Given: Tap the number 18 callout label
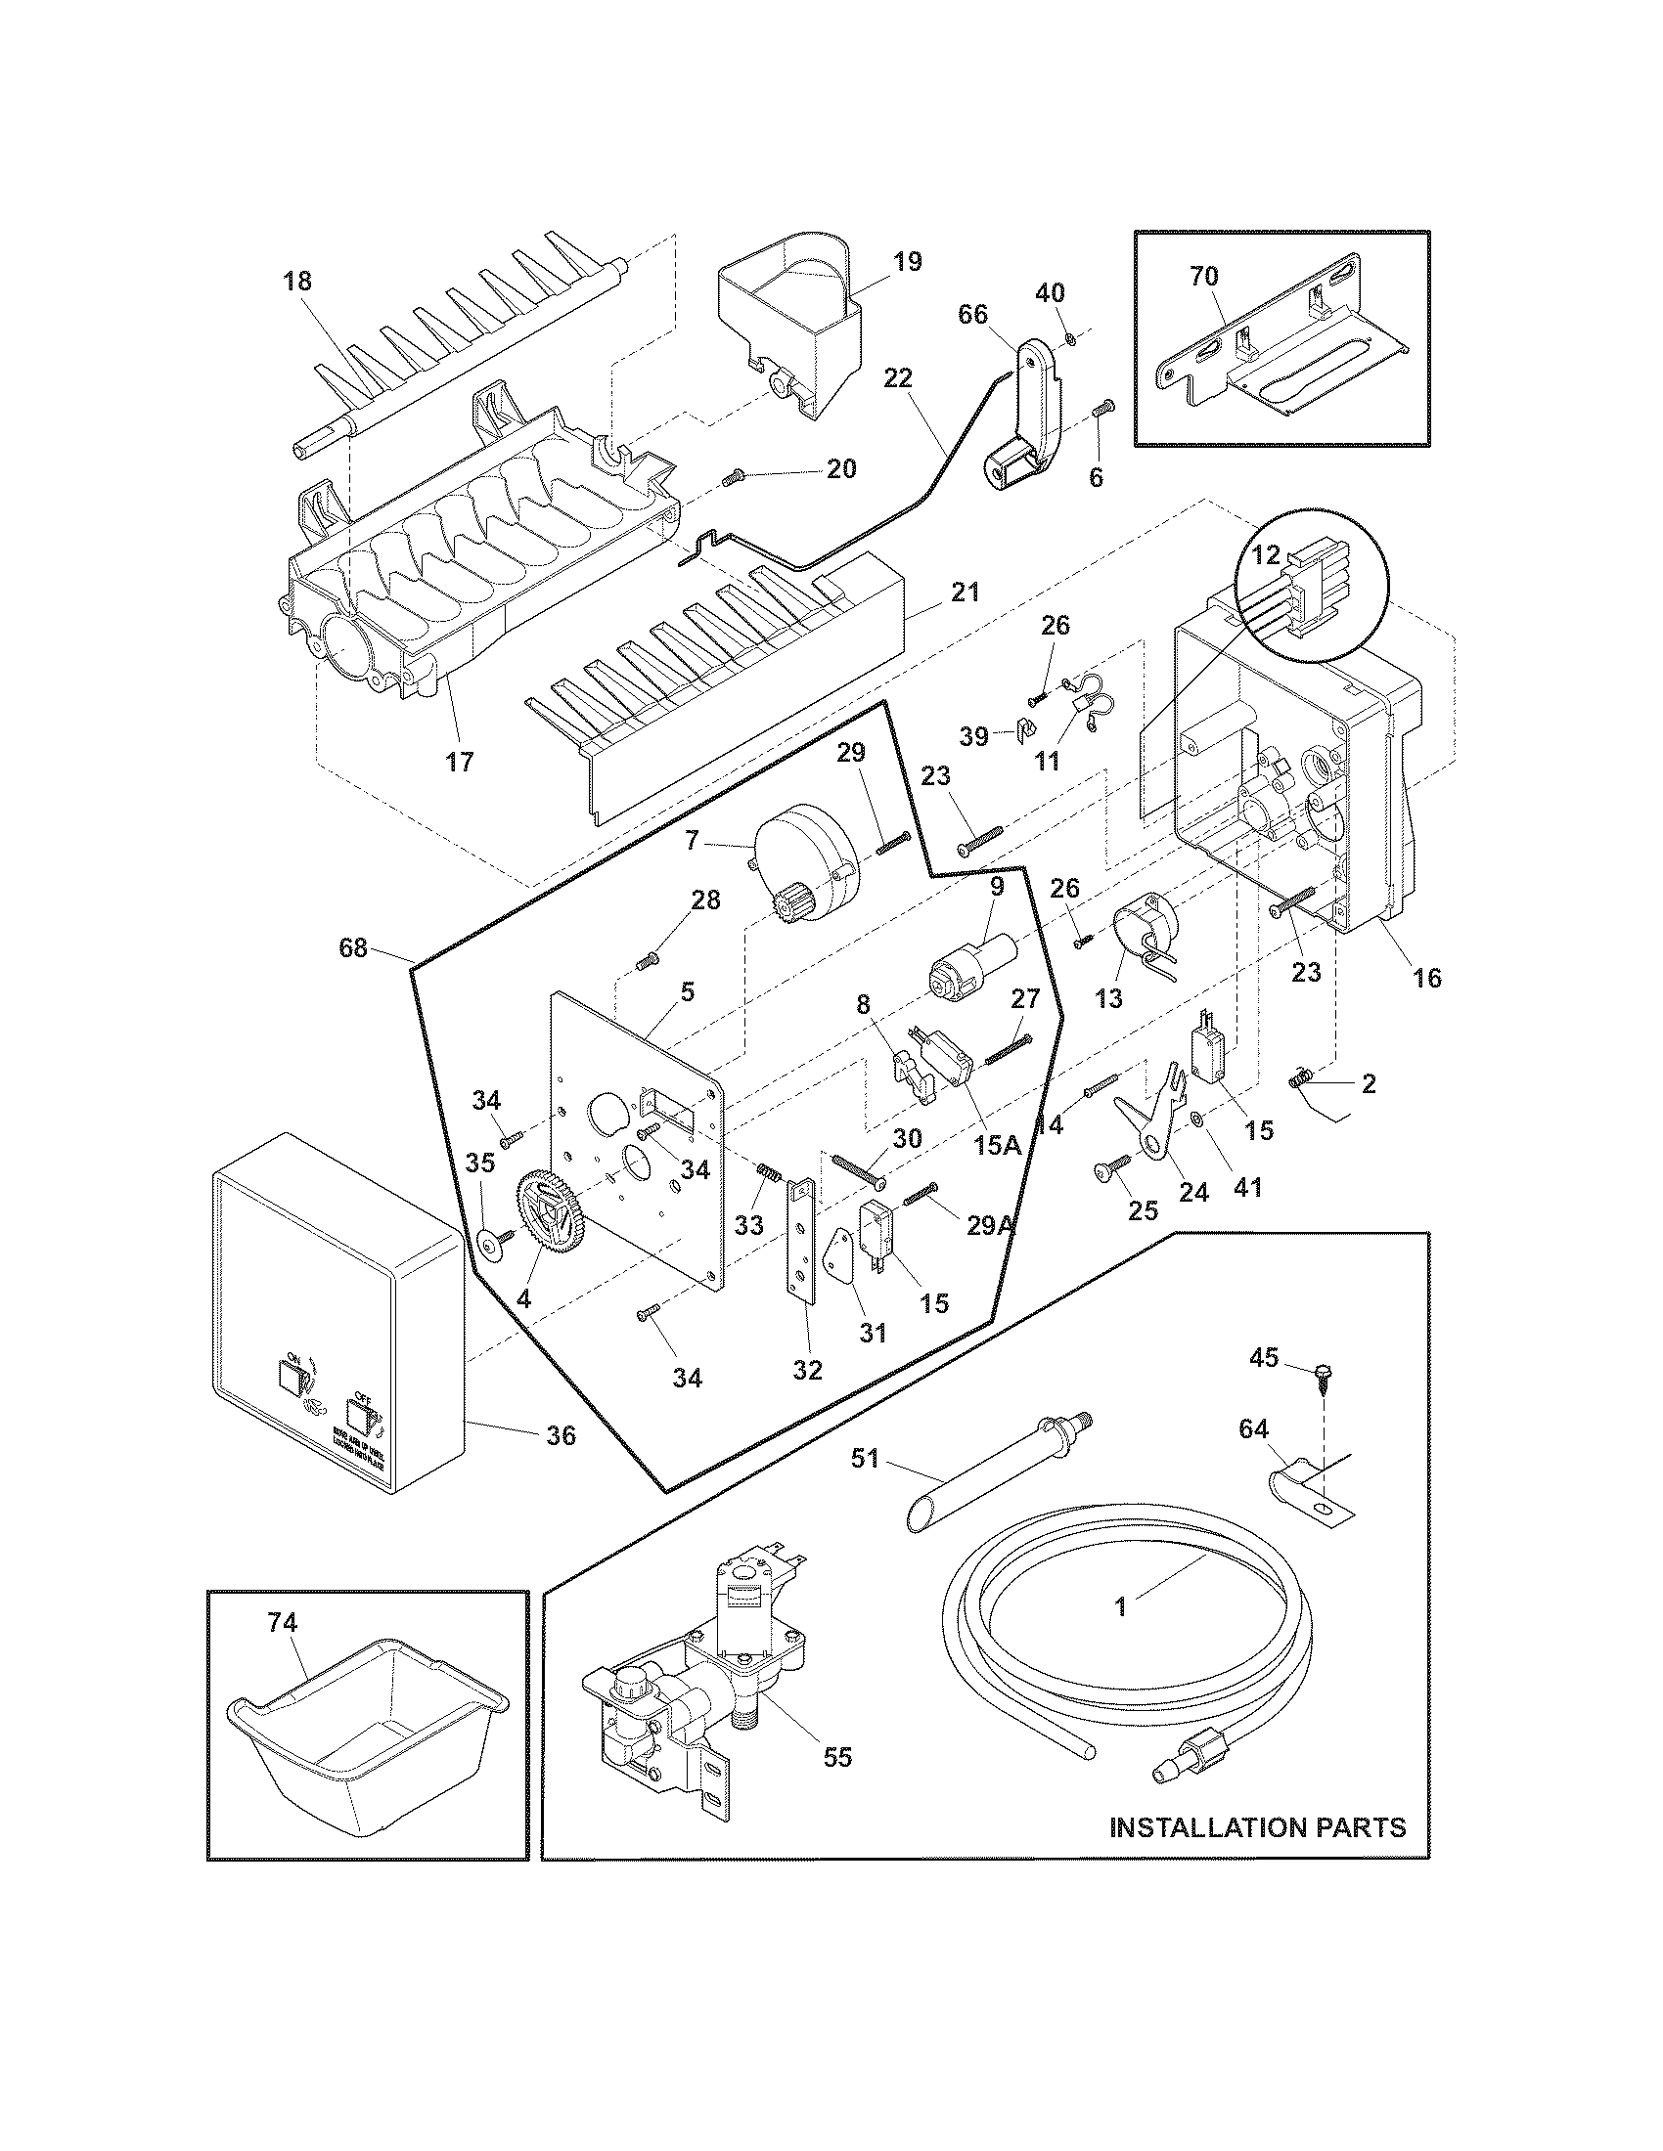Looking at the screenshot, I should [x=296, y=281].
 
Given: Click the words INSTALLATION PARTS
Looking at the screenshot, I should [x=1258, y=1827].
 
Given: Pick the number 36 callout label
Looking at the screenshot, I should [x=561, y=1436].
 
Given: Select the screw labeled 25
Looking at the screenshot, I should [x=1107, y=1170].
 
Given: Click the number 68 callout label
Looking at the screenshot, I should [x=352, y=947].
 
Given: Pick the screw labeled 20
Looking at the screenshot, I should [x=730, y=478].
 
